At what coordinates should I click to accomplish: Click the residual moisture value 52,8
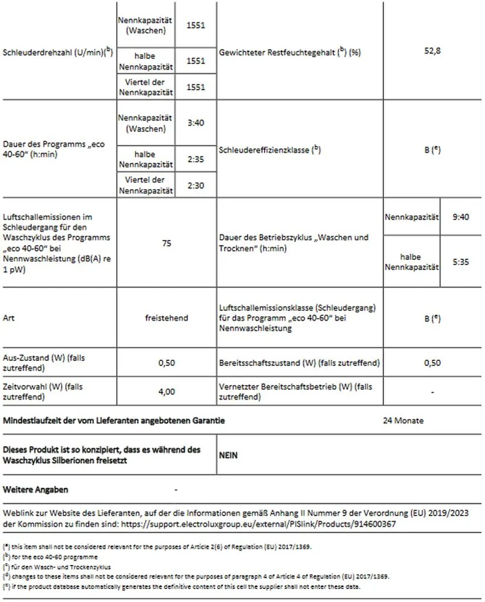point(432,51)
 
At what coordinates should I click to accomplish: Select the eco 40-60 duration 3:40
point(196,123)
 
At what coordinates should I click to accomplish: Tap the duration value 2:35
point(196,159)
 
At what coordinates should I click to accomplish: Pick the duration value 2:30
point(196,185)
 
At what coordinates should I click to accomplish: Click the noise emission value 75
point(166,243)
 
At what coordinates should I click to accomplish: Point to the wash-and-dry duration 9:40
point(461,217)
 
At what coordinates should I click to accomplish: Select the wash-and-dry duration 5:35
point(461,262)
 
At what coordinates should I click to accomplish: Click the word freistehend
point(166,318)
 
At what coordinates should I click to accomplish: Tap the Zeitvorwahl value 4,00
point(166,392)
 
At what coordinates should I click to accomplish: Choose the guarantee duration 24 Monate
point(403,421)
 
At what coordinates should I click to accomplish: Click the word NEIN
point(228,455)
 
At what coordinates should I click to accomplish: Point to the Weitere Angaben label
point(35,490)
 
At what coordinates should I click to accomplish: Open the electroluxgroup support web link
point(282,524)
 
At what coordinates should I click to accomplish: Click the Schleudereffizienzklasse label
point(270,150)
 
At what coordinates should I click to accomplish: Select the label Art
point(8,318)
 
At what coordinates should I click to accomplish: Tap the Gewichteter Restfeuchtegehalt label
point(289,52)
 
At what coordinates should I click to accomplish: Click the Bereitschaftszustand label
point(299,363)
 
